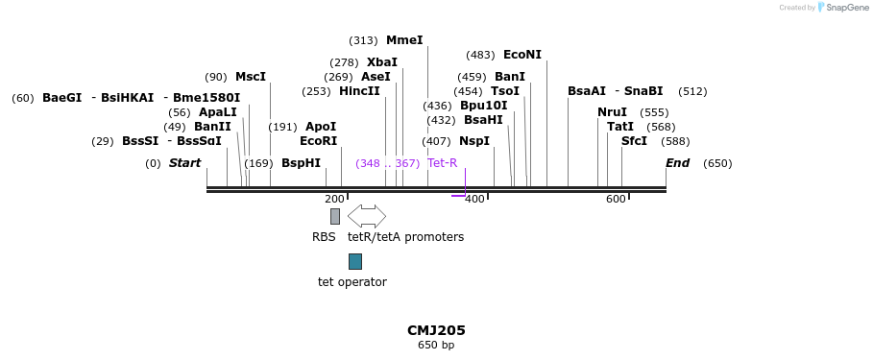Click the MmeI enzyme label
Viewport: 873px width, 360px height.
click(404, 40)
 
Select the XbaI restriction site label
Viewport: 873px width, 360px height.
click(382, 62)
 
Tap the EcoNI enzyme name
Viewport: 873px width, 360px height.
click(522, 55)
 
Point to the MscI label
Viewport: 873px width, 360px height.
click(251, 77)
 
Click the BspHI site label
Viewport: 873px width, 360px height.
click(301, 163)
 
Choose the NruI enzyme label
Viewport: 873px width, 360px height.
click(612, 112)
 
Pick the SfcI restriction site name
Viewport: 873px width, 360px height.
click(634, 141)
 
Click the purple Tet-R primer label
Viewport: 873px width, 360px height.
click(443, 163)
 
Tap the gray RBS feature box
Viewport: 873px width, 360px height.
click(335, 216)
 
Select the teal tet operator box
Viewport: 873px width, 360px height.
click(355, 261)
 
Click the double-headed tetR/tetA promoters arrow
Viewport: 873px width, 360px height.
click(367, 216)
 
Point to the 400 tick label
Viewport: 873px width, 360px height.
click(474, 199)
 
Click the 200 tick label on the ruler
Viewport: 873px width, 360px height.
click(334, 199)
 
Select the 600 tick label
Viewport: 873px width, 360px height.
click(616, 199)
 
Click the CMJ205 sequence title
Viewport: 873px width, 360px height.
click(436, 330)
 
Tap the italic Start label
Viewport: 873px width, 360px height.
click(184, 163)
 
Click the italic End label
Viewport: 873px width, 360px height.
click(677, 163)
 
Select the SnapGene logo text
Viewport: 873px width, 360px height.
click(847, 8)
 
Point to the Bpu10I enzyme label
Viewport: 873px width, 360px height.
click(483, 106)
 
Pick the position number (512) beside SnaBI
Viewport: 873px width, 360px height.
click(692, 91)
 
